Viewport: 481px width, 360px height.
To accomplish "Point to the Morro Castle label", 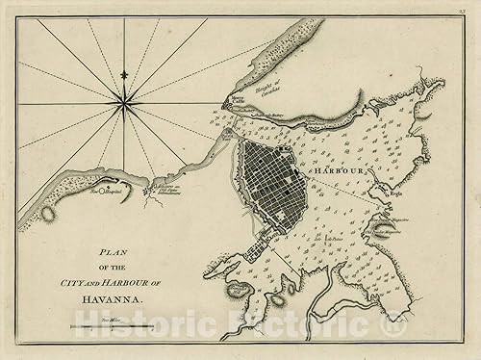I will coord(236,103).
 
